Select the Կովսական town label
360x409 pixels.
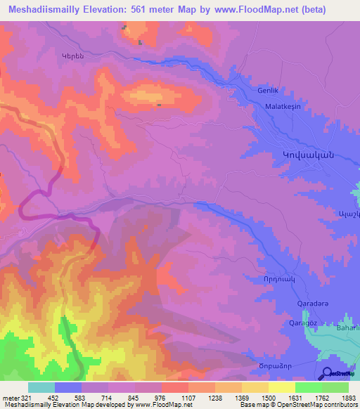point(302,155)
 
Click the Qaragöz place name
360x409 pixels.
point(305,323)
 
